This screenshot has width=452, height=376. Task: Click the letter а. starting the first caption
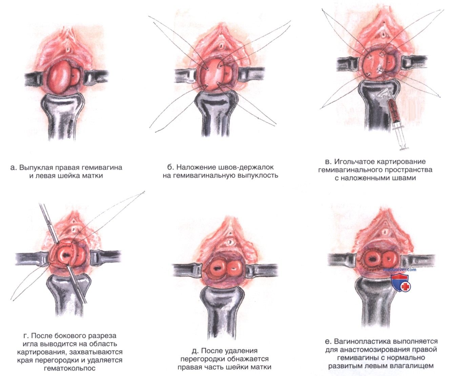[14, 168]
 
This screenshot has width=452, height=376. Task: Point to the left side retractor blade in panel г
[32, 259]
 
